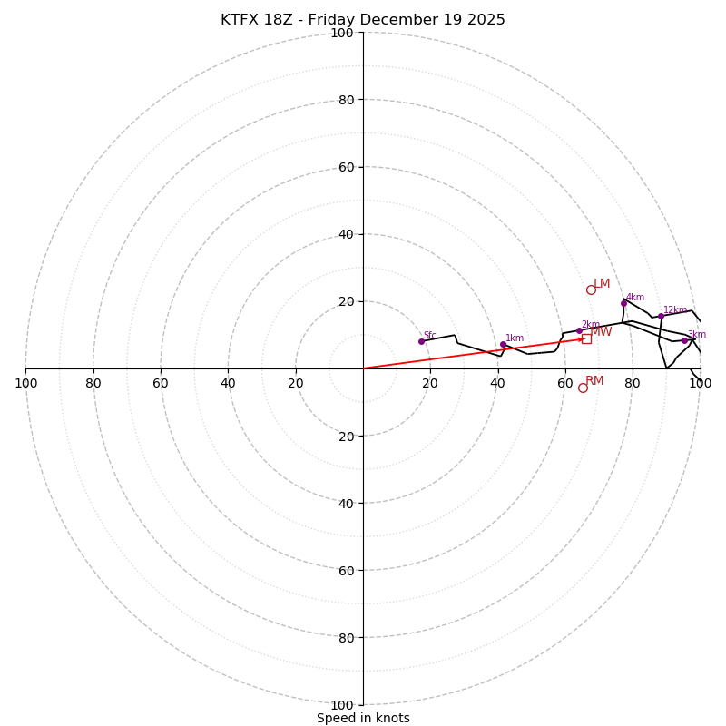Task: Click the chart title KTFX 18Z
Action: point(363,20)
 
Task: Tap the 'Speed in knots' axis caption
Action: point(363,718)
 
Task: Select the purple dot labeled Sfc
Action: point(421,341)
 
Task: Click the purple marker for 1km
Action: point(503,344)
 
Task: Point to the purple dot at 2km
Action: point(579,330)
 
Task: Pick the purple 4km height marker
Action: point(623,303)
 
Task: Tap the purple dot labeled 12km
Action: point(661,317)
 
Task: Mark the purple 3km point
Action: point(684,340)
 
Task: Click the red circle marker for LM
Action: point(591,289)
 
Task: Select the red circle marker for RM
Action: point(583,388)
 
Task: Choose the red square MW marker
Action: point(586,338)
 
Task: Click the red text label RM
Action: point(594,381)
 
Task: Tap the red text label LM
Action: point(602,284)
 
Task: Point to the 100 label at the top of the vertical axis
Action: point(341,33)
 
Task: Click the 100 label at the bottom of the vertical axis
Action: point(341,705)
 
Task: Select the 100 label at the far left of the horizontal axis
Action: point(25,383)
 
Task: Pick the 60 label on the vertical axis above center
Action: point(345,167)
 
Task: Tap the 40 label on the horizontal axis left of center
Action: point(228,383)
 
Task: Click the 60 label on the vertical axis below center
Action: point(345,570)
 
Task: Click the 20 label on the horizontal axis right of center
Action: point(430,383)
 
